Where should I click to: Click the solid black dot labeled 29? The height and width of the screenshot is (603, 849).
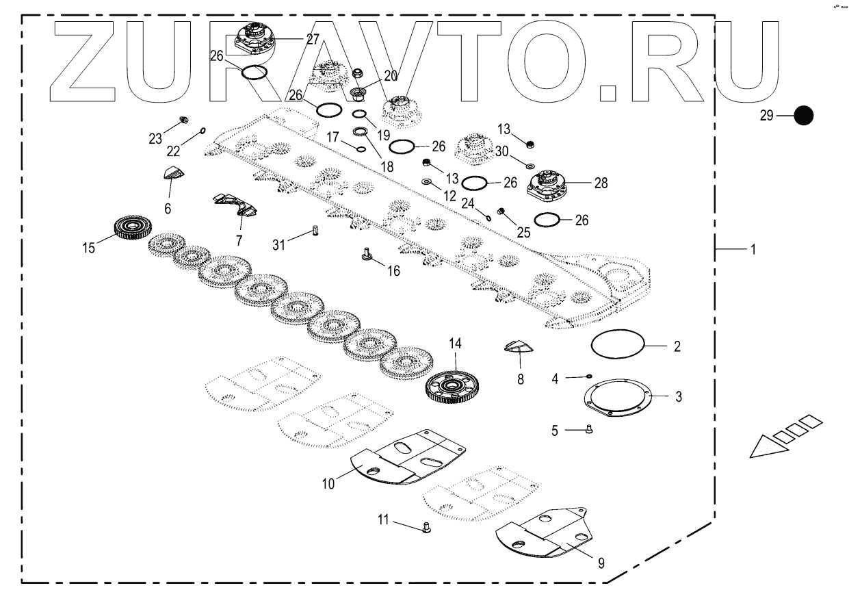coord(803,116)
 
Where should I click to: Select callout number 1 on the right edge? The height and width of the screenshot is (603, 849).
coord(753,251)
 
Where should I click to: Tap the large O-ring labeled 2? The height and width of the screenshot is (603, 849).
coord(618,334)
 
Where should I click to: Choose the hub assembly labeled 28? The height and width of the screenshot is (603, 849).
coord(551,184)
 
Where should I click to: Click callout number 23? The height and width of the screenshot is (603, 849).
coord(155,138)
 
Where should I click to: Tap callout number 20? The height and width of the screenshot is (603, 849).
coord(391,75)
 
